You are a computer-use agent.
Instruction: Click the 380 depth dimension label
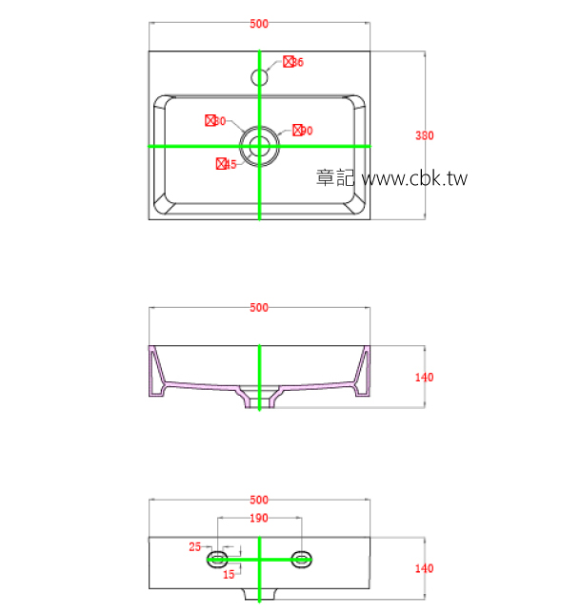424,135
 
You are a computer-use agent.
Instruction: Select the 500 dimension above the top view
259,25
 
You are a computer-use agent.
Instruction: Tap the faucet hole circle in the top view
260,75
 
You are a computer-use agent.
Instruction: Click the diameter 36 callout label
293,62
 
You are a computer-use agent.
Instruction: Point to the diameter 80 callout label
215,121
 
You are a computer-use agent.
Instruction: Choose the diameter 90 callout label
303,131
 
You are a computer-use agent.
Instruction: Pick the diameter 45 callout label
227,164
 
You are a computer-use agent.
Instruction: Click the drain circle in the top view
259,147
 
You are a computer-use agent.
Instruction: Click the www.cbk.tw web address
415,178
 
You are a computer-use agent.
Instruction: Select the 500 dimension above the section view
259,308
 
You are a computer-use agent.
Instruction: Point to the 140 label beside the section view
424,378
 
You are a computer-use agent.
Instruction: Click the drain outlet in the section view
259,400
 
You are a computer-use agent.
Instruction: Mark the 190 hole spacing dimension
259,519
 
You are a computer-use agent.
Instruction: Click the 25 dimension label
195,546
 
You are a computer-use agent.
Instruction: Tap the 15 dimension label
229,574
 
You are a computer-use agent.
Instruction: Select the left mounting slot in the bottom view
218,559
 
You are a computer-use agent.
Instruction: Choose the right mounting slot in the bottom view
302,559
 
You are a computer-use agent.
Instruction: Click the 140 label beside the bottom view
424,568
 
